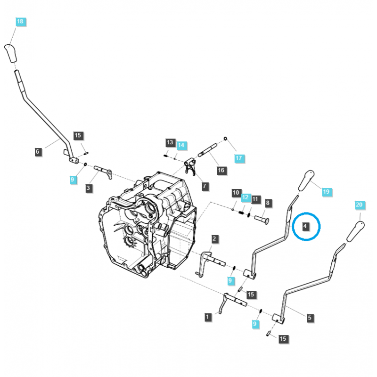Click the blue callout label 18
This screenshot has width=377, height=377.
20,22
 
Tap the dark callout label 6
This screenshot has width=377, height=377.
38,152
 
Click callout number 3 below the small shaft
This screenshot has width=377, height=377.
89,188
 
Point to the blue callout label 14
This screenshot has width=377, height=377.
181,145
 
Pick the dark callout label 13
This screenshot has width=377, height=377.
170,142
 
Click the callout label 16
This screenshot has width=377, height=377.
221,170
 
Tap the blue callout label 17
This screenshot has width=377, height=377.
238,158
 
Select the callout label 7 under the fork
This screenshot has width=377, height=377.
205,186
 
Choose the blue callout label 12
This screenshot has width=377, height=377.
245,198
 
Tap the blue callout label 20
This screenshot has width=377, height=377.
360,205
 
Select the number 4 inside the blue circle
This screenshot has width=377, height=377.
305,227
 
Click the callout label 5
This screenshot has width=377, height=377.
309,319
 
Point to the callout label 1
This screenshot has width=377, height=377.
208,317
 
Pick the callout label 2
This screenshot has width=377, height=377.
214,239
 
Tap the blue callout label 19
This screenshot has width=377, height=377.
326,192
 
